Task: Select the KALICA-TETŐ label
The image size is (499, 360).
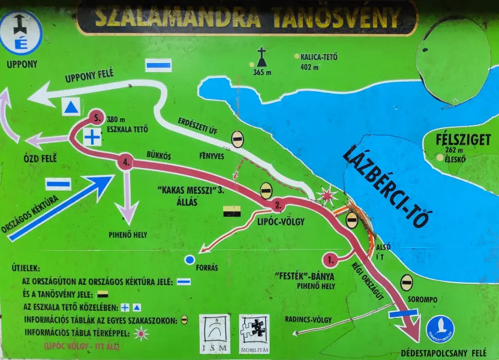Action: [x=319, y=57]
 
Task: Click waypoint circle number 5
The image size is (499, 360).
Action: [x=95, y=117]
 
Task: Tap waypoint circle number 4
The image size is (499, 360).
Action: [x=125, y=162]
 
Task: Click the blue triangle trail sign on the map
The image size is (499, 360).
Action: [x=71, y=107]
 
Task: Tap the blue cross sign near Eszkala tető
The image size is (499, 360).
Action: [x=92, y=137]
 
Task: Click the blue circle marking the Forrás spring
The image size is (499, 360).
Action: [x=190, y=260]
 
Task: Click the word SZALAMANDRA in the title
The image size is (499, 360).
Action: [x=178, y=17]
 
